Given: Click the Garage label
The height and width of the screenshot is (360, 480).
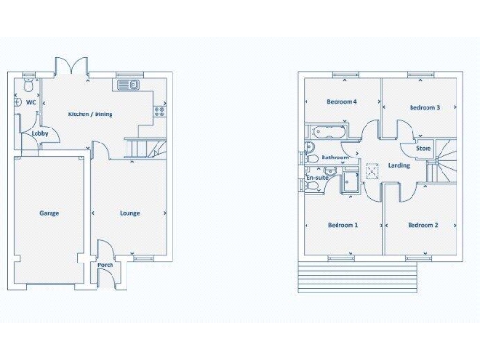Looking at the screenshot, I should pos(50,213).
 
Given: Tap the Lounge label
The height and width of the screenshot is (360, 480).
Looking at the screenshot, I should pos(129,213).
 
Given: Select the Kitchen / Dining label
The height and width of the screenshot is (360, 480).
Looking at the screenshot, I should pos(92,115).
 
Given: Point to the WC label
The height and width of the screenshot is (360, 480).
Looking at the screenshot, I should pos(31,102).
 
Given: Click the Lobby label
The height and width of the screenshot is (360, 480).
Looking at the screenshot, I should pos(40,134).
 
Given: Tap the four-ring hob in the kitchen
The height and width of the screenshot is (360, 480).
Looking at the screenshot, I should pos(158,110).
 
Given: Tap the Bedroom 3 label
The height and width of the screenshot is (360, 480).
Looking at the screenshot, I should pos(424,108).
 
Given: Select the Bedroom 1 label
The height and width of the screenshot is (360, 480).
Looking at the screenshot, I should pos(342,225).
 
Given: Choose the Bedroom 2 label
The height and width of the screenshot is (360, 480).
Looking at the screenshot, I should pos(423,225).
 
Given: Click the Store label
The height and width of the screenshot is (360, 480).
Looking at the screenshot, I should pos(424,148).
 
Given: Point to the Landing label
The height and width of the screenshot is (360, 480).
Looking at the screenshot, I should pos(398,166).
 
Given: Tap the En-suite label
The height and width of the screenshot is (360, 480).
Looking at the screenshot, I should pos(317,178).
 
